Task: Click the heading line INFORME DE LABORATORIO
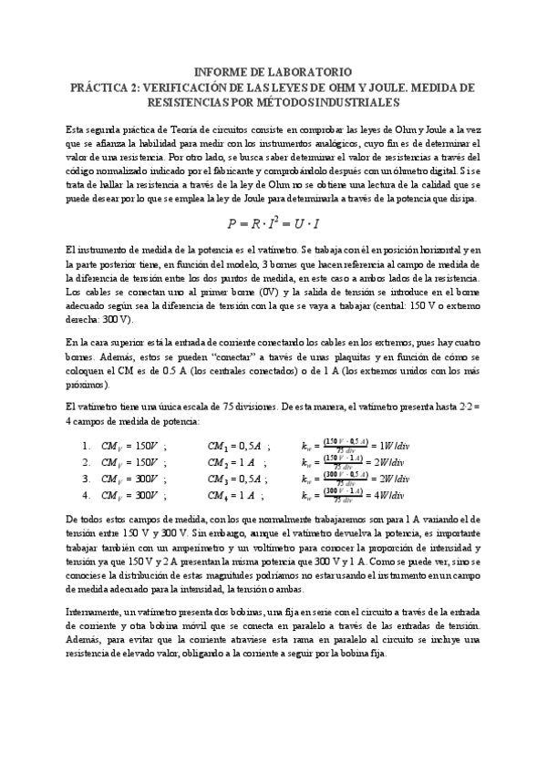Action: click(273, 72)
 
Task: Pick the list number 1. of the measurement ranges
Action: click(86, 447)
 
